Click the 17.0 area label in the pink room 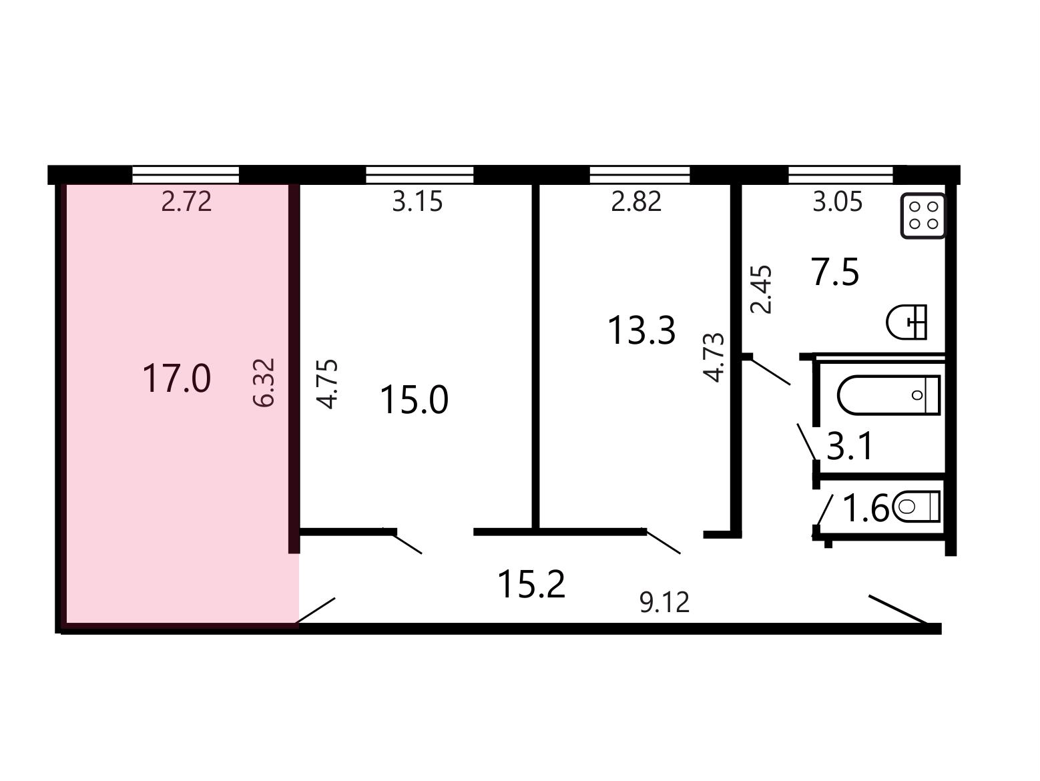[x=176, y=378]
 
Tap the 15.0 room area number [x=414, y=400]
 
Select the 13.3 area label [x=641, y=330]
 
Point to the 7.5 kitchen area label [x=834, y=272]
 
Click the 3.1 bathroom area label [x=849, y=446]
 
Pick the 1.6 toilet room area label [x=866, y=509]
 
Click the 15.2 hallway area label [x=531, y=585]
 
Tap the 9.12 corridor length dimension [x=664, y=603]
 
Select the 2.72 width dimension [x=186, y=202]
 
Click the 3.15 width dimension [x=417, y=202]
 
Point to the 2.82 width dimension [x=636, y=202]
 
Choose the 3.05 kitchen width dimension [x=837, y=202]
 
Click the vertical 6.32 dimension [x=264, y=382]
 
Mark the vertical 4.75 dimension [x=327, y=384]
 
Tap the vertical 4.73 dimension [x=714, y=357]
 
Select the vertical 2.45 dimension [x=762, y=290]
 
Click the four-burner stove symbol [x=923, y=216]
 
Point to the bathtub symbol [x=888, y=395]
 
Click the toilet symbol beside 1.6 [x=916, y=506]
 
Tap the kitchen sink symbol [x=906, y=322]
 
